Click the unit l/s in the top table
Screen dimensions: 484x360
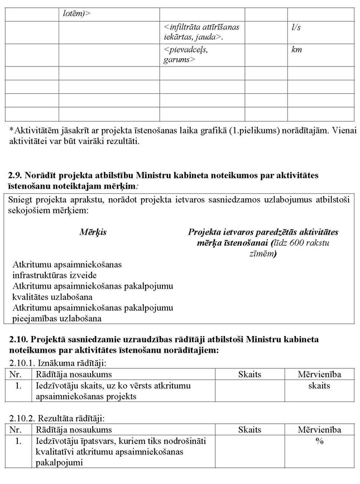296,27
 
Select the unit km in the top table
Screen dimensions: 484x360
296,50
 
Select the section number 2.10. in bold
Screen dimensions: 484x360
18,339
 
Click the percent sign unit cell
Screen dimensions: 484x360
319,441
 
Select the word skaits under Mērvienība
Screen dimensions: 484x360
319,386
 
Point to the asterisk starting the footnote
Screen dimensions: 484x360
11,130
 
